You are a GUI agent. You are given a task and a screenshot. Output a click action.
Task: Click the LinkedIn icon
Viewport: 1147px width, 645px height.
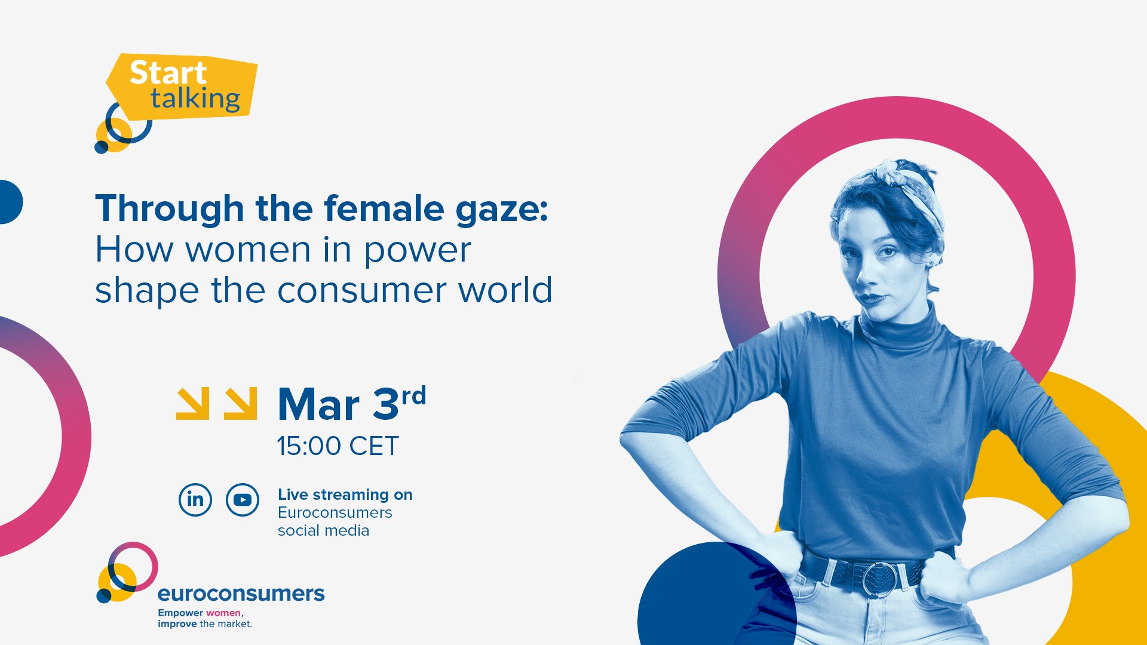[195, 499]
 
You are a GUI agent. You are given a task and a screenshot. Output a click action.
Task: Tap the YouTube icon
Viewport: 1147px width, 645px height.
[243, 499]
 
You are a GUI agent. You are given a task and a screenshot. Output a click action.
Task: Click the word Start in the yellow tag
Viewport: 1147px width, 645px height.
[168, 73]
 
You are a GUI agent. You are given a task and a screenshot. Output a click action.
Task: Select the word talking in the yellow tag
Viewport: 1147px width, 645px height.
[195, 99]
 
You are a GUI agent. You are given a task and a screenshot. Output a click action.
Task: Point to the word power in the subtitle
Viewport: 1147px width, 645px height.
[417, 250]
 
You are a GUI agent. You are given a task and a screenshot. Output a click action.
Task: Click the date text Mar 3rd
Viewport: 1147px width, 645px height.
[352, 404]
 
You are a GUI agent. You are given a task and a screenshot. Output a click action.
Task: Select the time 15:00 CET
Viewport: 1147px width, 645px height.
[338, 446]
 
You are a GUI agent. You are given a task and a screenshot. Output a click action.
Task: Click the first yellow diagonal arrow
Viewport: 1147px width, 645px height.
[193, 404]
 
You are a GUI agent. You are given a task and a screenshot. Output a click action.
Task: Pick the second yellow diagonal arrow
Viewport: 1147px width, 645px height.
[241, 404]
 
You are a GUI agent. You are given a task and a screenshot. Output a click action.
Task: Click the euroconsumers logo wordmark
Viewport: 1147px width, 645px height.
[241, 593]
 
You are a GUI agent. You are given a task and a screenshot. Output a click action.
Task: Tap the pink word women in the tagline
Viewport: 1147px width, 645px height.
[223, 613]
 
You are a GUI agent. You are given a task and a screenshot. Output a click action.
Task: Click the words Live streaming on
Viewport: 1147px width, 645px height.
[345, 494]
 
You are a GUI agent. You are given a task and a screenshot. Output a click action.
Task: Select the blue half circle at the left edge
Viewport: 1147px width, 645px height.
[10, 202]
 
